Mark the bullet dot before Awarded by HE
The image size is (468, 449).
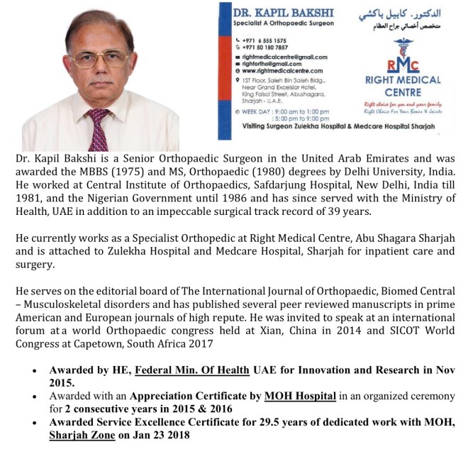(x=34, y=370)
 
